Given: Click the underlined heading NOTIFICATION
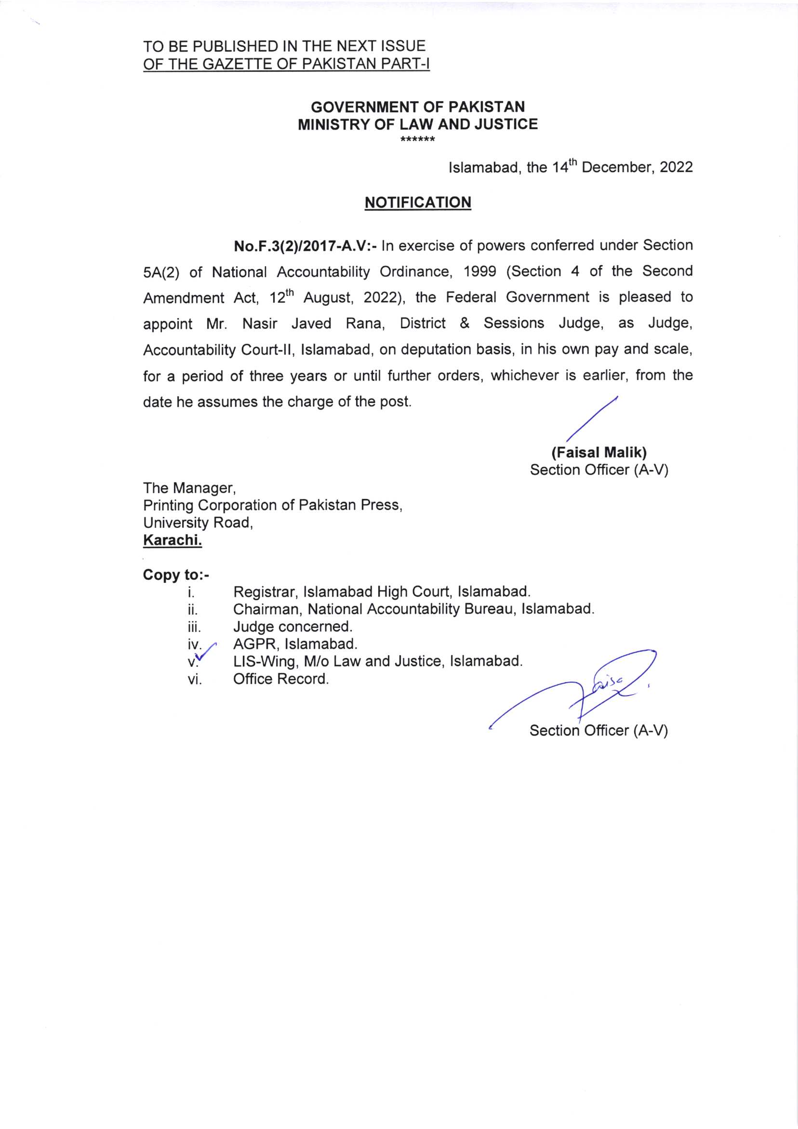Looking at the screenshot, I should [x=417, y=202].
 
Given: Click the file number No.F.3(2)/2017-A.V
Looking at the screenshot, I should [x=306, y=245].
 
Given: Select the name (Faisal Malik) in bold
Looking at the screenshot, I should [x=599, y=452].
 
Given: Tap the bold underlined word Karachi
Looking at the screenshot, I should [x=173, y=540].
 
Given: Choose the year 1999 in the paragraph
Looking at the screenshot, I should [x=475, y=271].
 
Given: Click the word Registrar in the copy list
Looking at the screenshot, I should [x=266, y=591].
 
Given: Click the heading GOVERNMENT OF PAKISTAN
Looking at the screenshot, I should [x=417, y=107].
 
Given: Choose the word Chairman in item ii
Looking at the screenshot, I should [x=268, y=609].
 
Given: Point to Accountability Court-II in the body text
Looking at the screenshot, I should [x=218, y=350].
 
